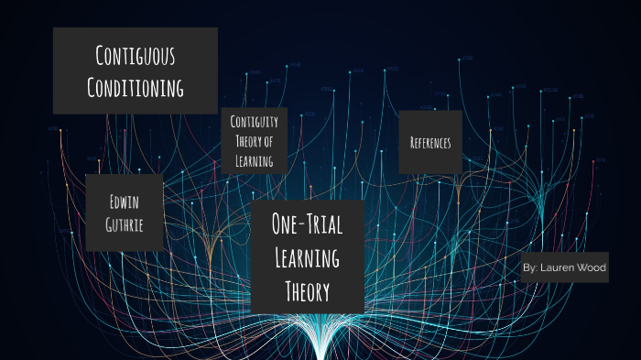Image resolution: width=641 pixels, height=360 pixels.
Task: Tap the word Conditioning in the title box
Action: pos(136,87)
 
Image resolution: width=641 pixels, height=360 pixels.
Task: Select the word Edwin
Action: pos(124,200)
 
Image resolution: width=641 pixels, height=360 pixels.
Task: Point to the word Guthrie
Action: pos(124,224)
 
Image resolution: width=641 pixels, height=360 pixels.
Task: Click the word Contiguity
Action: pos(254,121)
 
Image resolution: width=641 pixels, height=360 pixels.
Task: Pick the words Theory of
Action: pos(254,140)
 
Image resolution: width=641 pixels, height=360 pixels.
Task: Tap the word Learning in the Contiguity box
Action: pos(254,160)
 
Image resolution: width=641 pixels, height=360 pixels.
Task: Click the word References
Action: pos(430,142)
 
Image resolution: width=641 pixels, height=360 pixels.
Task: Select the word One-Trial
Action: pos(307,224)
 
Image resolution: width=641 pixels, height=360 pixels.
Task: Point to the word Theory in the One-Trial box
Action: pos(307,291)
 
